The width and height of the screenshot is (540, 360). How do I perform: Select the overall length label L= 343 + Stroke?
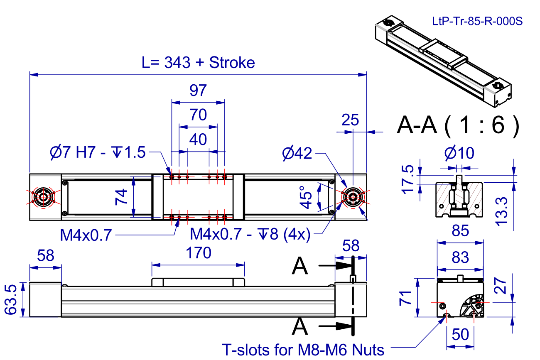click(x=198, y=63)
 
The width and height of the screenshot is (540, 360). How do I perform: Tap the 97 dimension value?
click(x=198, y=90)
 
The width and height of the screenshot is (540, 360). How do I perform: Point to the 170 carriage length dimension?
click(x=199, y=253)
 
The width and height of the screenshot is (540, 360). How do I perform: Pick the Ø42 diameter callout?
click(x=296, y=154)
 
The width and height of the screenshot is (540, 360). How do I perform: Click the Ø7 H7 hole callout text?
click(x=97, y=153)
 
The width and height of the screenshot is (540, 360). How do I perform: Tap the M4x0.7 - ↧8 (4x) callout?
click(x=250, y=235)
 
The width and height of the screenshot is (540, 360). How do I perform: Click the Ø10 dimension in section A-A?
click(x=459, y=154)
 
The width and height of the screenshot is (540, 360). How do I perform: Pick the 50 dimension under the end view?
click(x=460, y=334)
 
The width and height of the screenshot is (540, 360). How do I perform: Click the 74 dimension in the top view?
click(x=120, y=197)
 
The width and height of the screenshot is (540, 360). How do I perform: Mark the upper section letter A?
click(x=300, y=266)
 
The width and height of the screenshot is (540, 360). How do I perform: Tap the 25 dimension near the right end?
click(x=350, y=120)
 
